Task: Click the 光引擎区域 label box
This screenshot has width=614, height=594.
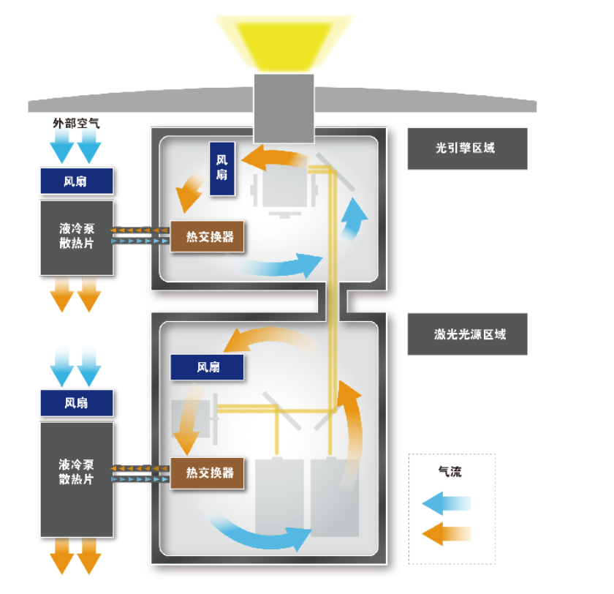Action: point(467,148)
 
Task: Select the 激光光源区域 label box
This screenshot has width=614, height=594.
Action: point(467,334)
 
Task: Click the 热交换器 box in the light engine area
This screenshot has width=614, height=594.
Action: point(207,237)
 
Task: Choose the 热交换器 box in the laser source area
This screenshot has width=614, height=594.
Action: point(207,473)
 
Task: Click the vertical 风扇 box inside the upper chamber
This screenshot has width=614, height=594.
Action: point(221,168)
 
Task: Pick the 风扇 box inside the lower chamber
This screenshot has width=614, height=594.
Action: point(207,367)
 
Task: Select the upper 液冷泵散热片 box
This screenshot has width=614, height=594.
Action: point(77,237)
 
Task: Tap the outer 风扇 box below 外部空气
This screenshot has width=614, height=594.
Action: point(77,181)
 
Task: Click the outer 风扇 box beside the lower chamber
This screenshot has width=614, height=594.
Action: point(77,402)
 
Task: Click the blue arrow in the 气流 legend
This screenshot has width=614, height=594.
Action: point(447,503)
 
